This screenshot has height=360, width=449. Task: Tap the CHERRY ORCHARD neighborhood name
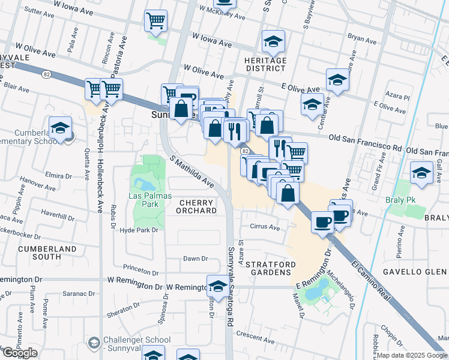point(196,206)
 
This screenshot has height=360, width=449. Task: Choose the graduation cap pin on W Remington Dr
point(218,285)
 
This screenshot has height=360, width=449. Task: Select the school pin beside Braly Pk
point(421,172)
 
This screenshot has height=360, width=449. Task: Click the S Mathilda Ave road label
point(192,172)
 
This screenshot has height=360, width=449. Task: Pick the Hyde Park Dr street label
point(139,230)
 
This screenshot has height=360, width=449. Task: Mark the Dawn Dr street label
point(195,259)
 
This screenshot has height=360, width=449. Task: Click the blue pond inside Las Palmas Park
point(143,182)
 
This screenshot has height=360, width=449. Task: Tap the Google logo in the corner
point(20,353)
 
